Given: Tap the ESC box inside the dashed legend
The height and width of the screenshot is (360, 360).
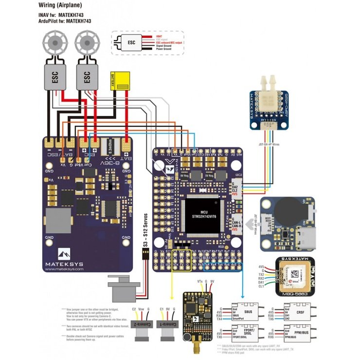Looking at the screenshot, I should pos(131,43).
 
